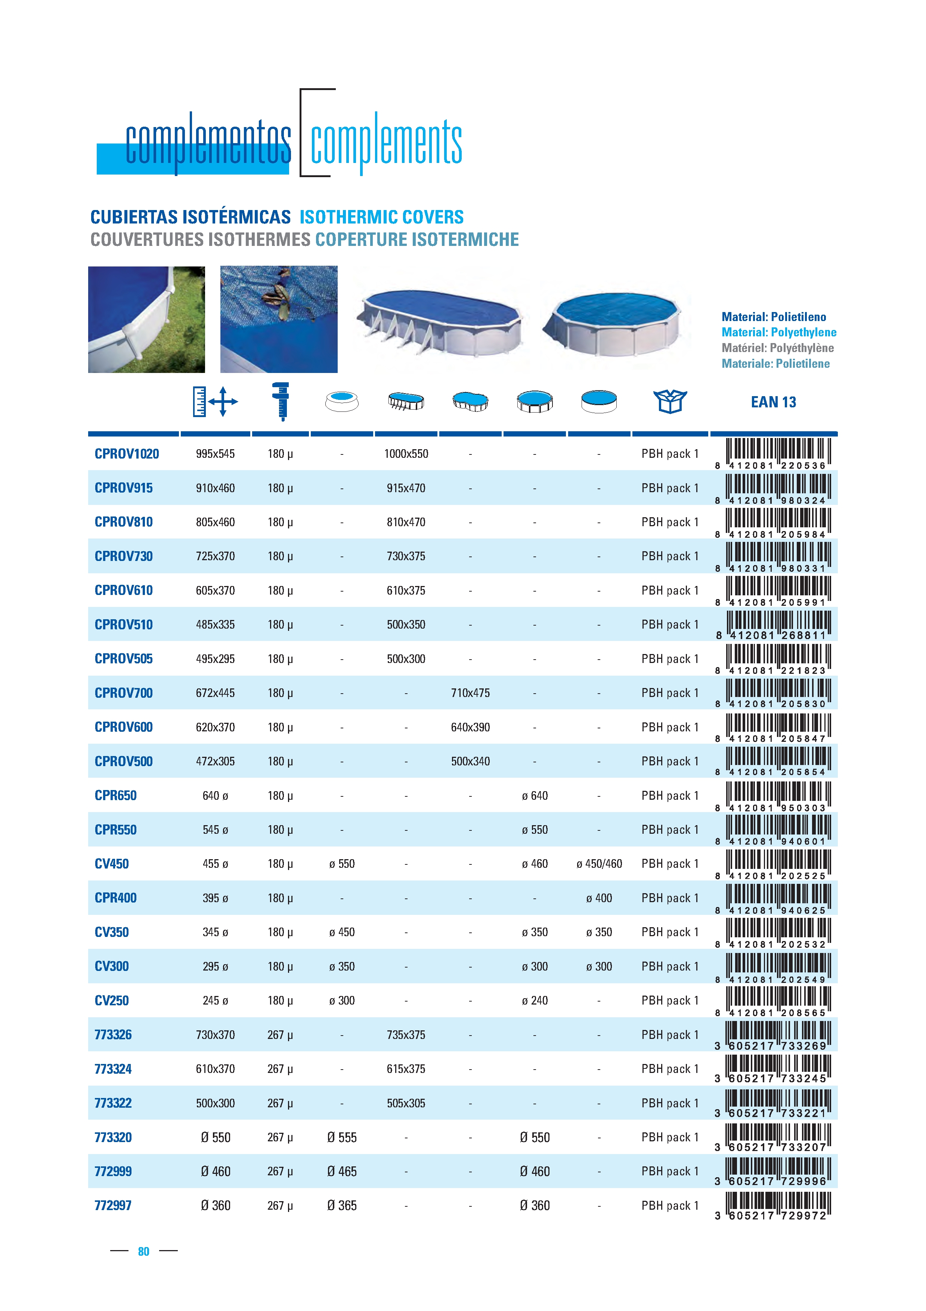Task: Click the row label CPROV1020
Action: [127, 454]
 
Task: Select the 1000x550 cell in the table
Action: [406, 454]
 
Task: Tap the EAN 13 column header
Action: [773, 402]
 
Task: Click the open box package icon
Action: [670, 401]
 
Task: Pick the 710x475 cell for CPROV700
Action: [470, 692]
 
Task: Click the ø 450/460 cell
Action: [598, 863]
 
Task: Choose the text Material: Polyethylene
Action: [779, 332]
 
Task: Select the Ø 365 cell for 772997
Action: [342, 1205]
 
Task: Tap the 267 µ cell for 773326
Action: [279, 1035]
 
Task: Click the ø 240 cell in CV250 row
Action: [534, 1000]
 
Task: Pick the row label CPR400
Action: [115, 898]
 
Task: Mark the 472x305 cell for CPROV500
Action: [215, 761]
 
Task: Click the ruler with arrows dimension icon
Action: [214, 401]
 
